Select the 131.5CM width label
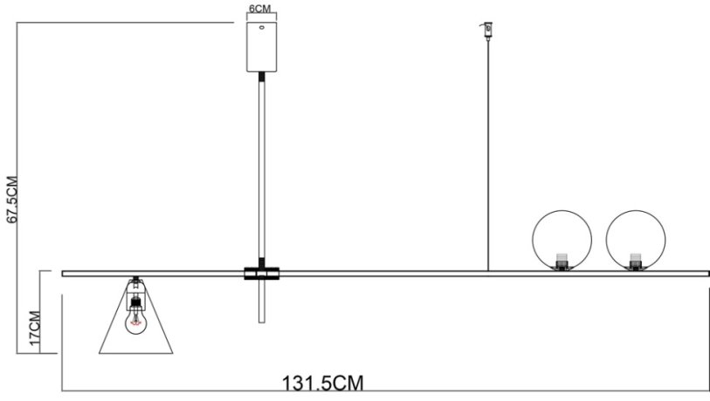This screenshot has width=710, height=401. (x=322, y=384)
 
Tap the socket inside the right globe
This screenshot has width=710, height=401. (x=637, y=261)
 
